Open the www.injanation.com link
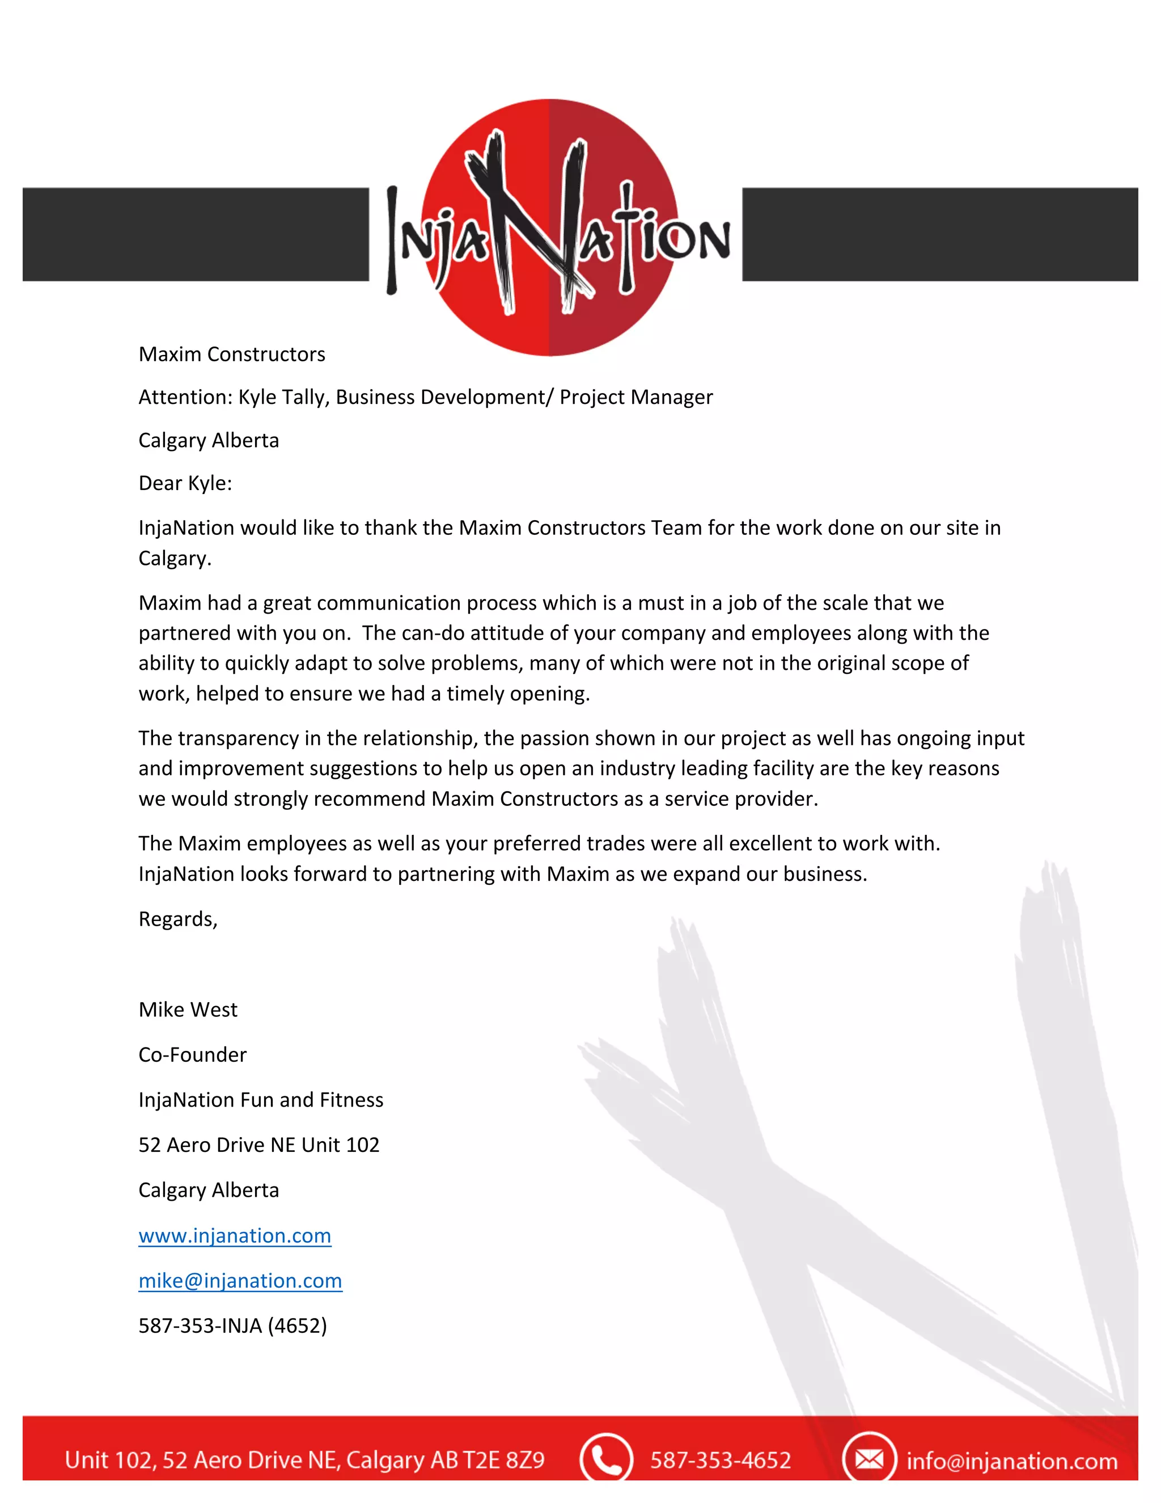(235, 1235)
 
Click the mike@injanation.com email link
(240, 1281)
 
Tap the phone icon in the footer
(605, 1458)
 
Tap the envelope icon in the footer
(868, 1458)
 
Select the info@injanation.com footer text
(1012, 1460)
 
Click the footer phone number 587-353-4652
(720, 1460)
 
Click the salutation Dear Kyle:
(185, 483)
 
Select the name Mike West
(188, 1010)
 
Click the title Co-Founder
(193, 1054)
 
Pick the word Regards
(177, 919)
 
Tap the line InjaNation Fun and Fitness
(261, 1100)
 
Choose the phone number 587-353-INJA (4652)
(232, 1325)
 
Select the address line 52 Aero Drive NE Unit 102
(259, 1145)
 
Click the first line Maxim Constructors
(232, 354)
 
